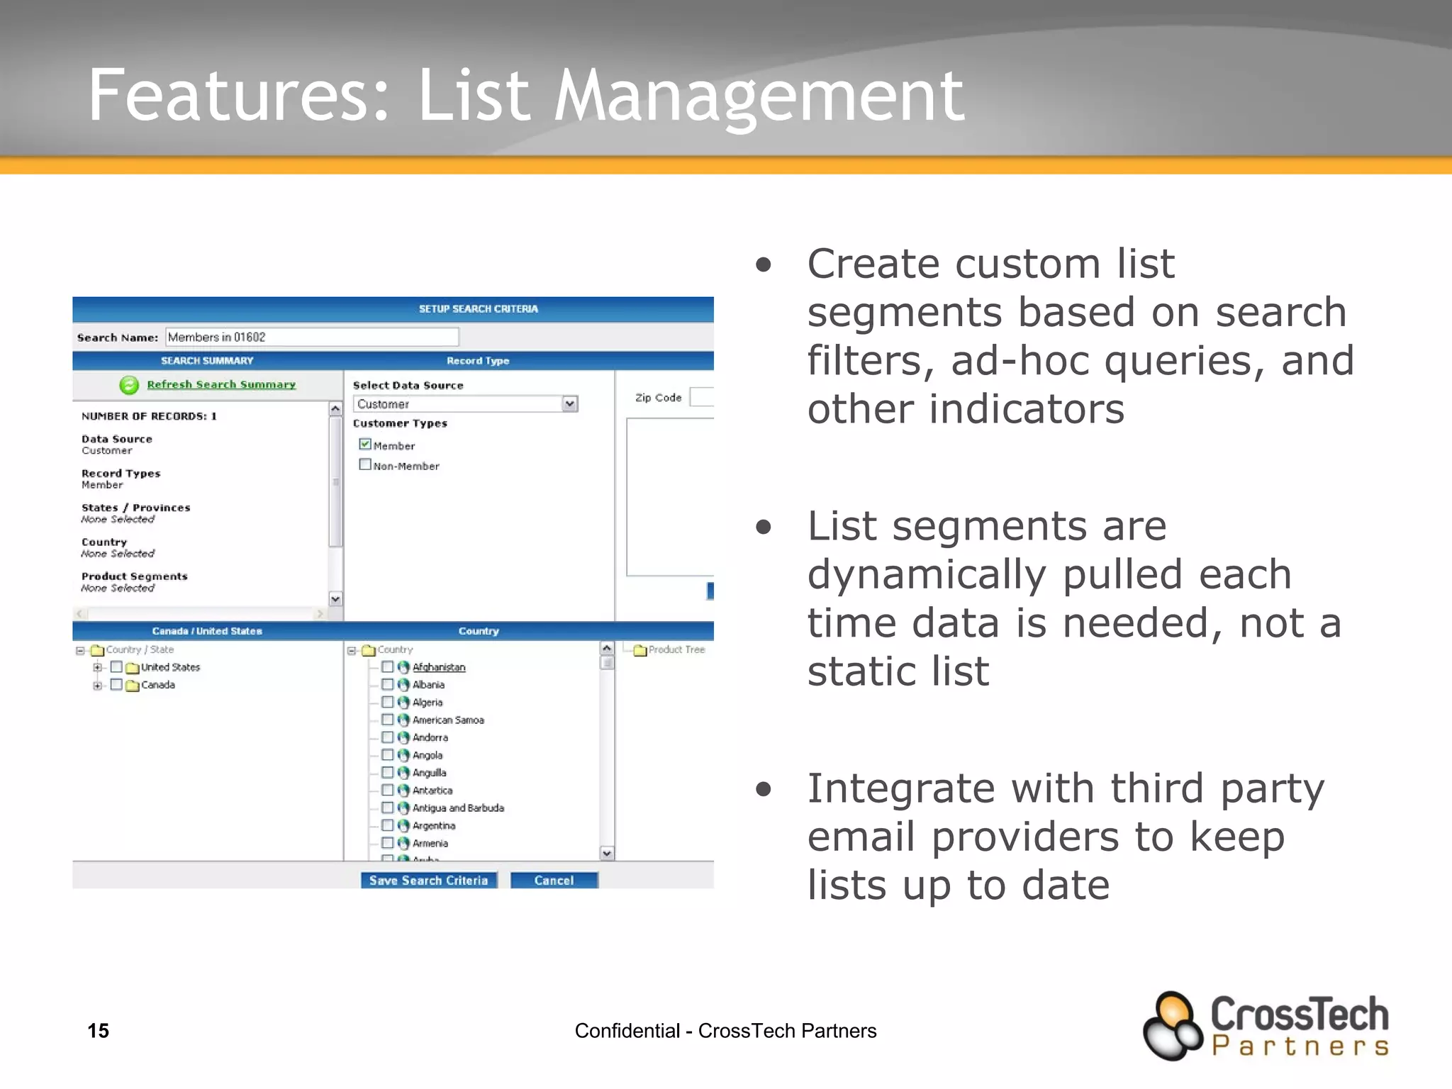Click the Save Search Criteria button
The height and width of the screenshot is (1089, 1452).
pyautogui.click(x=428, y=880)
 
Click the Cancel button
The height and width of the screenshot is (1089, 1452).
pyautogui.click(x=554, y=880)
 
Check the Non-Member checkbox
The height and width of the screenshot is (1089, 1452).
pyautogui.click(x=365, y=464)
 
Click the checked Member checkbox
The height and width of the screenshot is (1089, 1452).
pyautogui.click(x=365, y=445)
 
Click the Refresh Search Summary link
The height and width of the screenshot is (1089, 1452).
pyautogui.click(x=220, y=384)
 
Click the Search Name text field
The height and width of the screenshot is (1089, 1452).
pyautogui.click(x=312, y=337)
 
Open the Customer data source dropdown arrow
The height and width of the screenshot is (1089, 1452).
pyautogui.click(x=569, y=403)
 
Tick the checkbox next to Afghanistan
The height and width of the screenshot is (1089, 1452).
pyautogui.click(x=387, y=666)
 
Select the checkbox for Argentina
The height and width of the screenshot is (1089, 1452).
pyautogui.click(x=387, y=825)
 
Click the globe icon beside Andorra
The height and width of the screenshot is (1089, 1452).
pyautogui.click(x=403, y=737)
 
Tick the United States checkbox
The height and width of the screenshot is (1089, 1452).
pyautogui.click(x=116, y=666)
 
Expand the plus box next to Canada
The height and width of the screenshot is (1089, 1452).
pyautogui.click(x=97, y=685)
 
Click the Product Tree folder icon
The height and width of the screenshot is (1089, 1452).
pyautogui.click(x=640, y=649)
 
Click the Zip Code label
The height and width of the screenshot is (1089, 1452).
pyautogui.click(x=657, y=398)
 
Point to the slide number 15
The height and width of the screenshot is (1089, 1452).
pyautogui.click(x=98, y=1030)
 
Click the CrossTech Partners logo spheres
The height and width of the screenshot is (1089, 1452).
pyautogui.click(x=1171, y=1026)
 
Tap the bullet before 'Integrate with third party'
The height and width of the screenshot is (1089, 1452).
pyautogui.click(x=763, y=788)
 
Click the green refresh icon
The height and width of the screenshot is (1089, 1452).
pyautogui.click(x=129, y=385)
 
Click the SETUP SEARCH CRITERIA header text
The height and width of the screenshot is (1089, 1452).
pyautogui.click(x=478, y=309)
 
